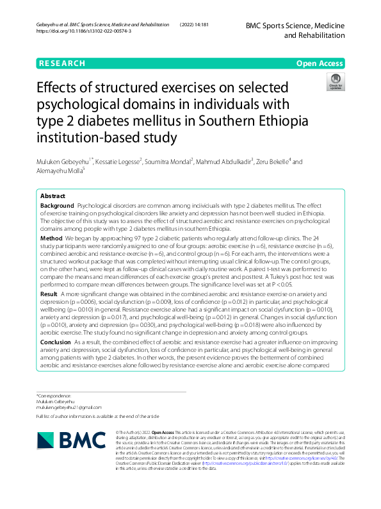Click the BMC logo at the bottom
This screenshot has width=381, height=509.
click(72, 439)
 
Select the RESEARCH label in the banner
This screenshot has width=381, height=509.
click(62, 63)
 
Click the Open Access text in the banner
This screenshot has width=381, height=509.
click(319, 63)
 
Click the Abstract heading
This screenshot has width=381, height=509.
click(53, 196)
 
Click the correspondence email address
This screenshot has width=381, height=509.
click(69, 406)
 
